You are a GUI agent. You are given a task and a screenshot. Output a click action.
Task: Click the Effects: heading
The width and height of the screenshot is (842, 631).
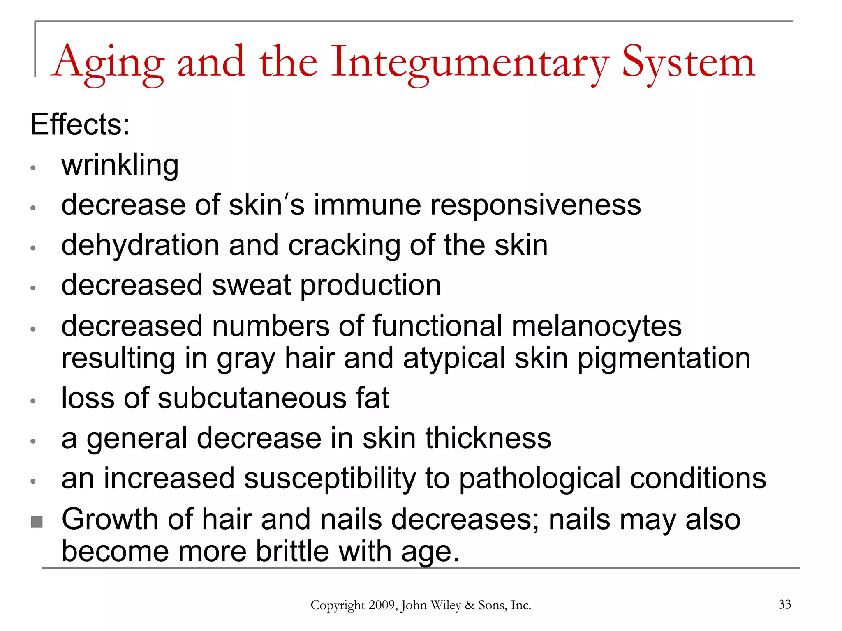pyautogui.click(x=80, y=124)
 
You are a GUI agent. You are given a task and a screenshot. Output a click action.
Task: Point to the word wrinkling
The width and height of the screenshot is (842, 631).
pyautogui.click(x=120, y=165)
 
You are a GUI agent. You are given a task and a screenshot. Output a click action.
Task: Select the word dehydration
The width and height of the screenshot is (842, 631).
pyautogui.click(x=140, y=245)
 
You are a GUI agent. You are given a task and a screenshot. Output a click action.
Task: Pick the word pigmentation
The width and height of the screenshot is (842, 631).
pyautogui.click(x=664, y=358)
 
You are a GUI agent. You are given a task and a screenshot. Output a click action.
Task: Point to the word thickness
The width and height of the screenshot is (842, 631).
pyautogui.click(x=488, y=438)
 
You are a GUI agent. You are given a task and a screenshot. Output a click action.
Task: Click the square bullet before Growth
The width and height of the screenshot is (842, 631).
pyautogui.click(x=37, y=522)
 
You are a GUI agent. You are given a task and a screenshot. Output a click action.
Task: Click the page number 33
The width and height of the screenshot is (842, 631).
pyautogui.click(x=784, y=604)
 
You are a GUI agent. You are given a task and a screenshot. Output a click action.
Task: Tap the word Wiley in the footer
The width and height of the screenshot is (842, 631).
pyautogui.click(x=446, y=605)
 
